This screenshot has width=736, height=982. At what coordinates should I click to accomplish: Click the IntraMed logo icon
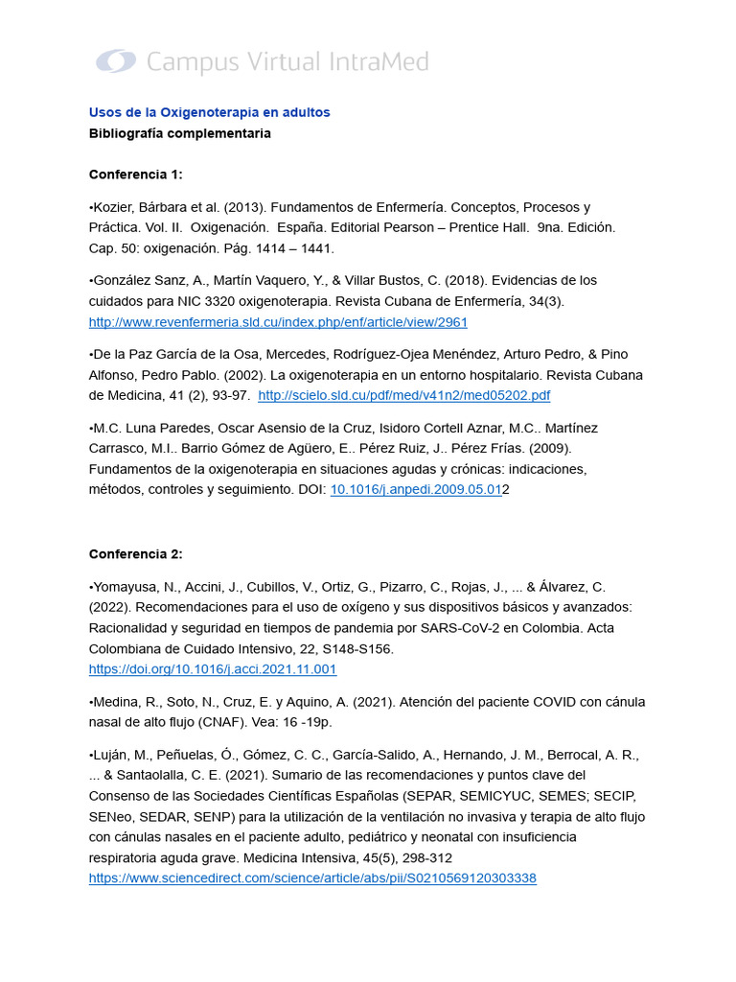(116, 62)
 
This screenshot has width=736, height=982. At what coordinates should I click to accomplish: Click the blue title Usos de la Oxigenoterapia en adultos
(209, 112)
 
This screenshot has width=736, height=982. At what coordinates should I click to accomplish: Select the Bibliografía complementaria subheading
(179, 133)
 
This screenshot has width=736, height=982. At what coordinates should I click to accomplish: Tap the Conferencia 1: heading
(135, 175)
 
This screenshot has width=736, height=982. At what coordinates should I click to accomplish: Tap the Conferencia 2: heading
(135, 554)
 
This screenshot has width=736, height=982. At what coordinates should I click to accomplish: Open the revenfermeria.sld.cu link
(278, 322)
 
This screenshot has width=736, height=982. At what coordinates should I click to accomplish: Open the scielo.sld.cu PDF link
(404, 395)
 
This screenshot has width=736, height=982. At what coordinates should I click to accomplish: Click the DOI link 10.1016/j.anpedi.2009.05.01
(416, 489)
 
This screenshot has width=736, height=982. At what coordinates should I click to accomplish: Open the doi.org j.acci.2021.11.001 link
(213, 669)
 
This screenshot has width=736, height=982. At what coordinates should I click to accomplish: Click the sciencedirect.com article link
(312, 877)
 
